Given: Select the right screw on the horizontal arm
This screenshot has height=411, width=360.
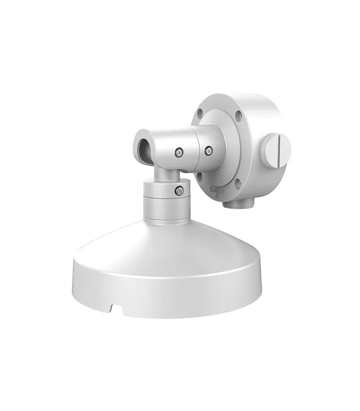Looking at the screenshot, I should coord(208,151).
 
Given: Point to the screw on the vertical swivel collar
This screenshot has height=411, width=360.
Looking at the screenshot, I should coord(178,191).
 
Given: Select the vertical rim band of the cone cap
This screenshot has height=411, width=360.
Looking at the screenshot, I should coord(170,293).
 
